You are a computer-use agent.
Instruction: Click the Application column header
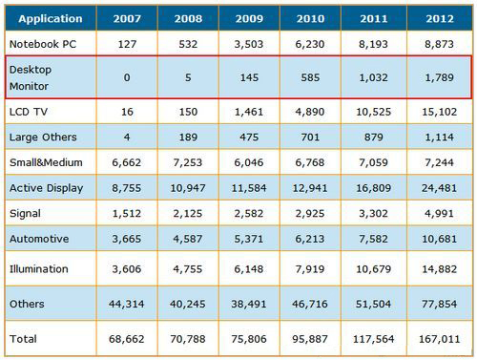click(x=51, y=18)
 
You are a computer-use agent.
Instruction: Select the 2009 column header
click(x=249, y=18)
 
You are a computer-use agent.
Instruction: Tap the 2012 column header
click(x=440, y=18)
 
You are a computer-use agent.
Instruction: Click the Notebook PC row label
click(x=43, y=44)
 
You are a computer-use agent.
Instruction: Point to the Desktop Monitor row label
click(x=31, y=77)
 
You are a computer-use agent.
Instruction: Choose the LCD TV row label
click(x=29, y=112)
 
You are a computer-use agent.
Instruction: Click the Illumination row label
click(x=39, y=269)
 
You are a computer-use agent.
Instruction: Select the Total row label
click(x=23, y=339)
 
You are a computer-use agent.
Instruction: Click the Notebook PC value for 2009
click(x=249, y=44)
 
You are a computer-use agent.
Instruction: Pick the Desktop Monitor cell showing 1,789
click(x=440, y=77)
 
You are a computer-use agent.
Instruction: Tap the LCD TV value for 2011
click(x=373, y=112)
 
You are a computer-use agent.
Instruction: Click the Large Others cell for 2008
click(x=188, y=138)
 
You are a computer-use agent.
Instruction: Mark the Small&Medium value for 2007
click(x=127, y=162)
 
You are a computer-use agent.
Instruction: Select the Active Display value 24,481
click(x=440, y=188)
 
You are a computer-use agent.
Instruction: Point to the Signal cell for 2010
click(x=310, y=213)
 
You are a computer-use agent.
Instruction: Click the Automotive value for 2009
click(x=249, y=239)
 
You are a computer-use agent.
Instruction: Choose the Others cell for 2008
click(x=188, y=304)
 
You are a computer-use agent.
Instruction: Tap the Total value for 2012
click(x=440, y=339)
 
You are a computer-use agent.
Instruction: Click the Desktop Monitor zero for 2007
click(x=127, y=77)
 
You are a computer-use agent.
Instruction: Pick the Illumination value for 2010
click(x=310, y=269)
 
